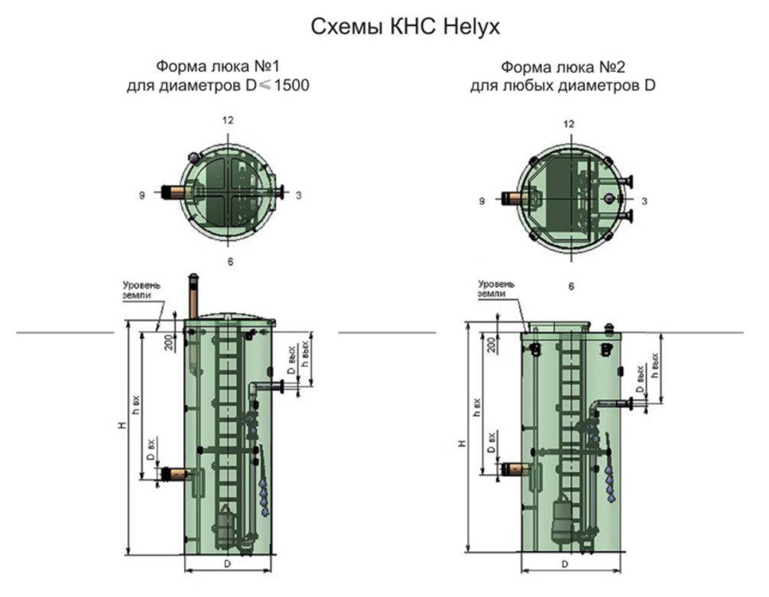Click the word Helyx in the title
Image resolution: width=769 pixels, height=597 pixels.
[471, 27]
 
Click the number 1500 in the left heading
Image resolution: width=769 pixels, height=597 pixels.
[292, 86]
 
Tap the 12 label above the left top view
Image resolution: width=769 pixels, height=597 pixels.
[227, 120]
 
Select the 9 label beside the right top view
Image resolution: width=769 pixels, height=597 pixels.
[482, 201]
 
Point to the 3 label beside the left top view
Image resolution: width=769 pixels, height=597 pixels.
[299, 195]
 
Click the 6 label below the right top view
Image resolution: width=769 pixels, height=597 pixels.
[571, 286]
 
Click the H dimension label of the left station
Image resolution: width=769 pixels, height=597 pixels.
[122, 425]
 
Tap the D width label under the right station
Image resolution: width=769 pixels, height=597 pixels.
[564, 564]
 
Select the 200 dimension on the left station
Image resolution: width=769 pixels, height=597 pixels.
[169, 342]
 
